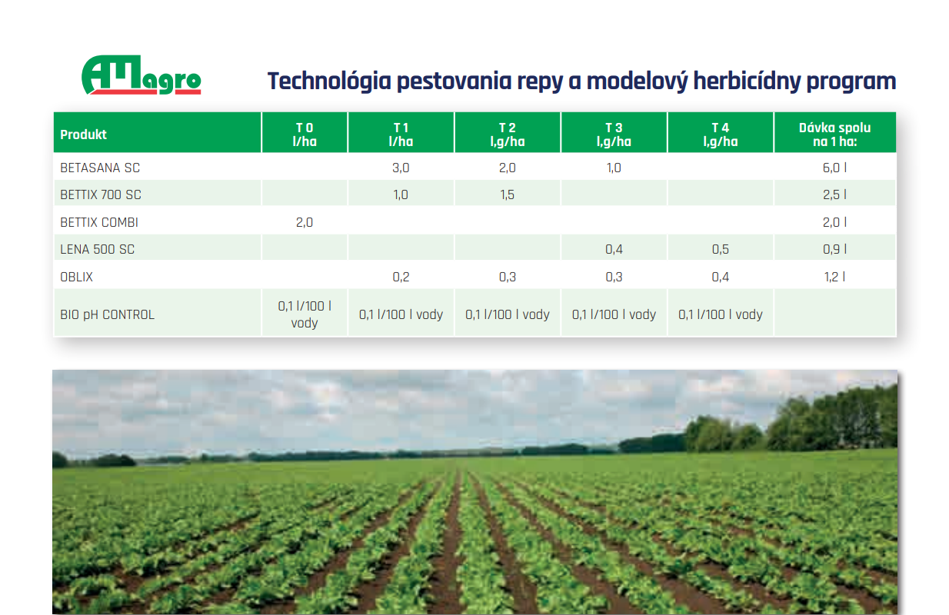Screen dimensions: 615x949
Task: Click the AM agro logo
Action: click(x=141, y=76)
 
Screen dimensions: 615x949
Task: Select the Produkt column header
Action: click(x=84, y=135)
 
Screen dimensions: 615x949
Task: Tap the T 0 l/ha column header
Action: click(x=305, y=134)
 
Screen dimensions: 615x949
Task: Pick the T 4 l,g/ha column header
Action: click(x=720, y=134)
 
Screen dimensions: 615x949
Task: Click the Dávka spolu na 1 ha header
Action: click(x=834, y=134)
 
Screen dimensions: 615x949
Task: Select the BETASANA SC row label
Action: click(x=100, y=168)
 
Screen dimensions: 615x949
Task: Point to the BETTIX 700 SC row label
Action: click(x=101, y=194)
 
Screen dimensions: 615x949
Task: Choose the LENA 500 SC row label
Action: click(x=98, y=249)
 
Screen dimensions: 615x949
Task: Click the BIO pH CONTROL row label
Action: click(x=107, y=314)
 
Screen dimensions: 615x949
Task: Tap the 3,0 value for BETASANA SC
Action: click(x=401, y=168)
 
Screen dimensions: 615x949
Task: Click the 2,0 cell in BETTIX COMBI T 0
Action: click(x=305, y=222)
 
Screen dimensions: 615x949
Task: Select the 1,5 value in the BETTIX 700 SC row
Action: click(x=507, y=194)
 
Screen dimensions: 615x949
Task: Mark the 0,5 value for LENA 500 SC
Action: click(x=720, y=249)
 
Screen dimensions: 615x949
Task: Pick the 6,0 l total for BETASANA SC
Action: click(x=834, y=168)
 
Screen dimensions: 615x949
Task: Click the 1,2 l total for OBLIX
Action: click(x=834, y=277)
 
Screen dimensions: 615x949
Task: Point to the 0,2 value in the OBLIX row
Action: click(x=401, y=277)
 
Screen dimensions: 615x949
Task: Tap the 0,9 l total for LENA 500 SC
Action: click(x=834, y=249)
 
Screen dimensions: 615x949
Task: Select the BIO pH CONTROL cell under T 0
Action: click(x=305, y=314)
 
